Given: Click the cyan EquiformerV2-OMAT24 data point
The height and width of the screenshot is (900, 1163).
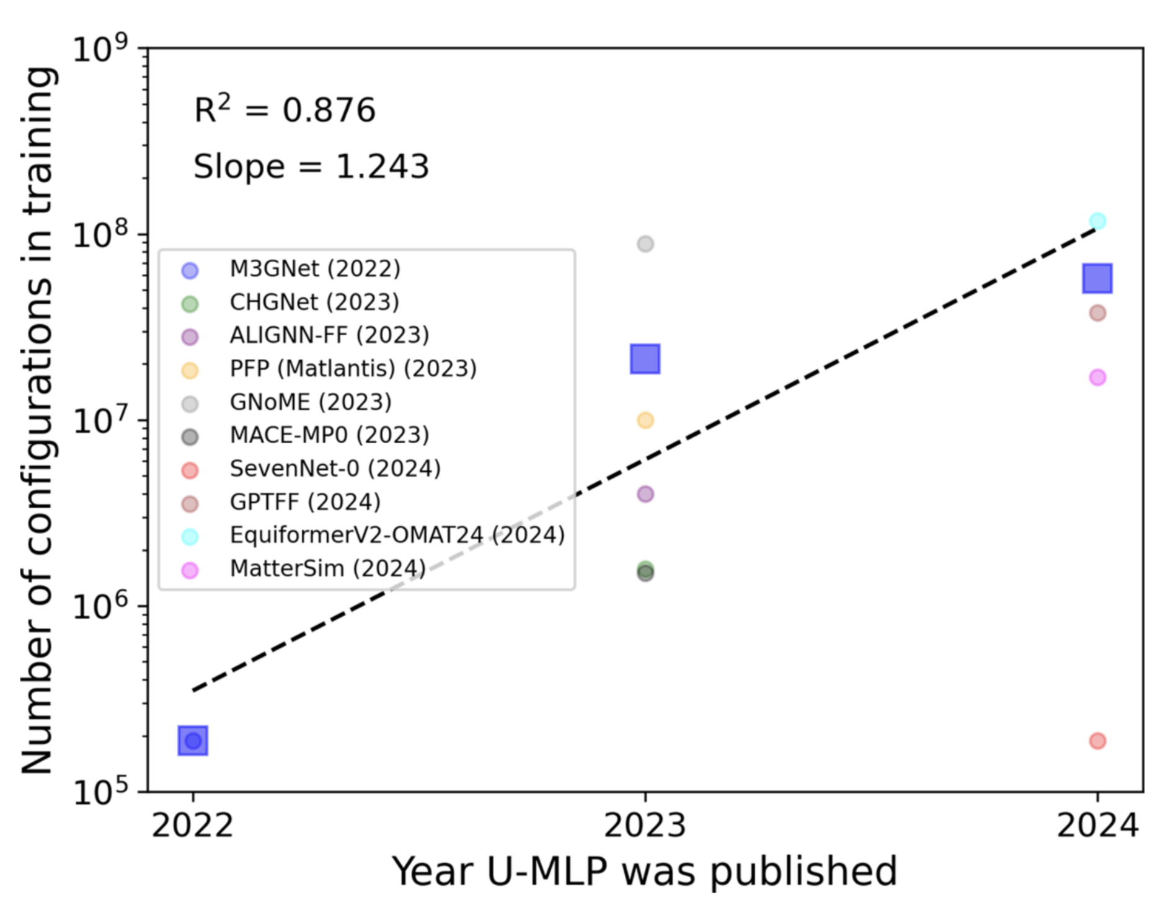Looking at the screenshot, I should point(1097,221).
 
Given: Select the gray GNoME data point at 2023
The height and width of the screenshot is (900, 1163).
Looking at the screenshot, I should point(645,244).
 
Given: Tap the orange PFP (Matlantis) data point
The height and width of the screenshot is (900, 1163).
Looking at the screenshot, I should point(645,420).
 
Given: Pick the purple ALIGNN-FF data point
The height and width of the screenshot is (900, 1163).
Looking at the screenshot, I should point(645,494).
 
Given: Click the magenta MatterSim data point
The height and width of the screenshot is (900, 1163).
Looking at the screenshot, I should point(1097,377).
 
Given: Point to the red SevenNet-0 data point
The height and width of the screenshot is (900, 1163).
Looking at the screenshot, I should point(1097,741).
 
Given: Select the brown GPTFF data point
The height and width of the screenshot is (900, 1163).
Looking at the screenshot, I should point(1097,313).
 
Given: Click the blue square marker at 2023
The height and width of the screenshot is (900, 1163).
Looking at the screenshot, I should point(645,359).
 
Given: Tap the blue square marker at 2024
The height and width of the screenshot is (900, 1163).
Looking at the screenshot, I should point(1097,278).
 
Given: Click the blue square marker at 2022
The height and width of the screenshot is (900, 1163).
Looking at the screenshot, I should point(193,741).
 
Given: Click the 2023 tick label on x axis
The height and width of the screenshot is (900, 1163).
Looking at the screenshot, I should point(645,826).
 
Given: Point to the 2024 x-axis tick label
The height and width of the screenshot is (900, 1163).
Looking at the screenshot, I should point(1097,826).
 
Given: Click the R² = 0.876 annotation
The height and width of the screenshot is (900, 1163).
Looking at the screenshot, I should point(285,110).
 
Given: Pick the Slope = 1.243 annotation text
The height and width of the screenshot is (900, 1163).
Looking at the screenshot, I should point(311,167).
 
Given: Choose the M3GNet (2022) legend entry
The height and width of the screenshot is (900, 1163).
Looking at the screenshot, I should point(315,269).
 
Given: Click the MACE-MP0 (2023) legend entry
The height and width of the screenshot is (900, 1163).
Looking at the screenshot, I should point(329,435).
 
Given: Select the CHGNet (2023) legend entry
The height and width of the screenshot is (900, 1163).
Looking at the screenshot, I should point(314,302).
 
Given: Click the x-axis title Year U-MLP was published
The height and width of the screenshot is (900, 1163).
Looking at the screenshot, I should point(645,871).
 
